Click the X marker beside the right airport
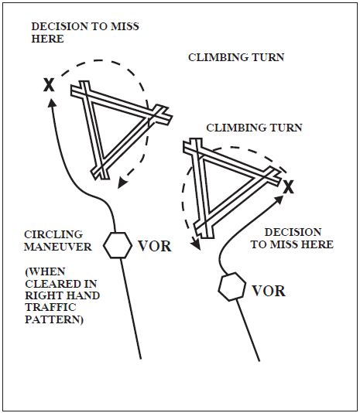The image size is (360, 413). click(288, 187)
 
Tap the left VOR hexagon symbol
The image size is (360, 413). click(118, 246)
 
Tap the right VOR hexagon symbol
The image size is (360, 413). click(231, 287)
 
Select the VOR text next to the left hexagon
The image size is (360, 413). click(154, 247)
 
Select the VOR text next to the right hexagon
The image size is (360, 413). click(268, 291)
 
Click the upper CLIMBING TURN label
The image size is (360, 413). click(236, 58)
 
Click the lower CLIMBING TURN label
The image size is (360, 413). click(253, 127)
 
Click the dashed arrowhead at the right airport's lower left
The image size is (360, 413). click(197, 246)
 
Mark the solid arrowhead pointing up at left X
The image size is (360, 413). click(52, 108)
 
